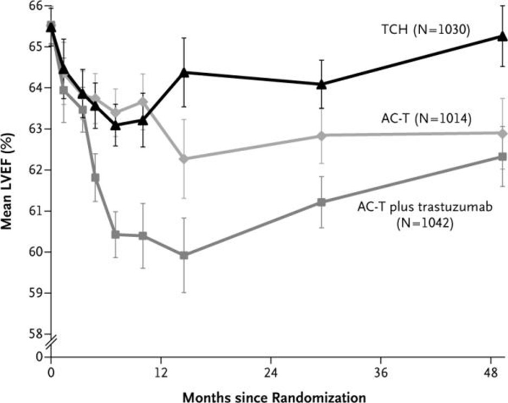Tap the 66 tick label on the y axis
click(x=36, y=6)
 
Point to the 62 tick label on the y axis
click(x=36, y=170)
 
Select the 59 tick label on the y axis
click(x=36, y=293)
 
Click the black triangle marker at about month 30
click(x=322, y=83)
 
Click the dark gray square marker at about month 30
click(x=322, y=202)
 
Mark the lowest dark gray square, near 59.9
click(x=184, y=255)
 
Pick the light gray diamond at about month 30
click(x=322, y=135)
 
